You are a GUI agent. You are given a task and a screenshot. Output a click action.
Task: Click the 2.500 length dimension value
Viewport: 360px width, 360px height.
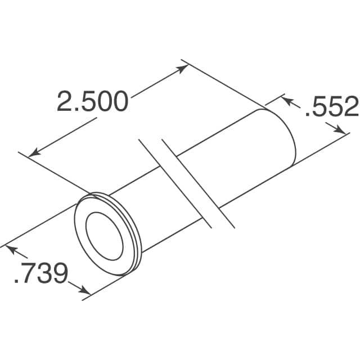pyautogui.click(x=93, y=102)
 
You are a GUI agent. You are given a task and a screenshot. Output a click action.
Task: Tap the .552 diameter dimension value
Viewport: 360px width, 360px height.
pyautogui.click(x=331, y=106)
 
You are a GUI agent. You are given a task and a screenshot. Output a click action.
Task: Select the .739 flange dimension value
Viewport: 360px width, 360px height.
pyautogui.click(x=40, y=273)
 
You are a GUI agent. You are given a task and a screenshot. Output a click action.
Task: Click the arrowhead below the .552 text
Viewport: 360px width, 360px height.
pyautogui.click(x=341, y=130)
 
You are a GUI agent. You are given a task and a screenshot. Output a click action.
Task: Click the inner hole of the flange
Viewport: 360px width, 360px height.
pyautogui.click(x=103, y=232)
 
